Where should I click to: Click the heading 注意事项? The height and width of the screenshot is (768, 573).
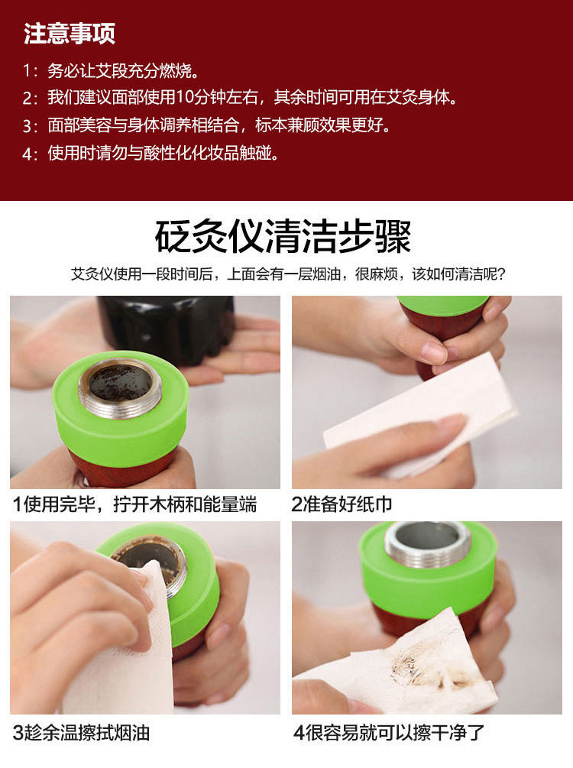tap(70, 34)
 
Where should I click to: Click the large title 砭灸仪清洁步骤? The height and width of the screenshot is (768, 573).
tap(283, 237)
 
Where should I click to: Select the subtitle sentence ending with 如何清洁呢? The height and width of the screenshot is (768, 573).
tap(288, 274)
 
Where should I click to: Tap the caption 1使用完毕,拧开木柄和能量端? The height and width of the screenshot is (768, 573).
tap(134, 504)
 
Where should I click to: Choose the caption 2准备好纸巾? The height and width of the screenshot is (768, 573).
tap(342, 504)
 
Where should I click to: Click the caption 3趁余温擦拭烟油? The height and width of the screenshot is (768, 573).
tap(81, 733)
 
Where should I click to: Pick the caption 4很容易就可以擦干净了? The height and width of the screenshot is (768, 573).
tap(389, 733)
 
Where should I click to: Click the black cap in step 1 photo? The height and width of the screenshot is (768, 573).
tap(167, 328)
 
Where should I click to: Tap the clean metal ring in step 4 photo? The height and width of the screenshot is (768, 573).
tap(428, 543)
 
